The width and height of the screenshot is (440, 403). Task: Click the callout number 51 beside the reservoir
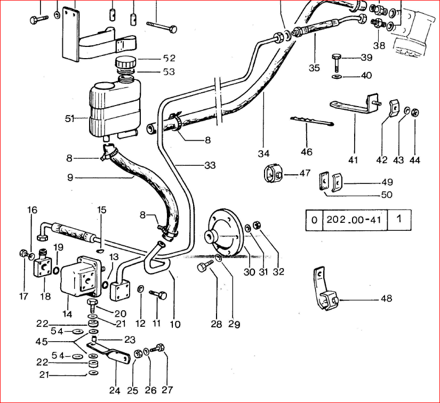tap(70, 119)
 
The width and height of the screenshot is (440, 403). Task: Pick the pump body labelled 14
tap(81, 277)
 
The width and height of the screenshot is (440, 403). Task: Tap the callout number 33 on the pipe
tap(210, 165)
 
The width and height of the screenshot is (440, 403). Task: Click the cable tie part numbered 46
tap(312, 122)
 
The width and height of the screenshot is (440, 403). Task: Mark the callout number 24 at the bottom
tap(115, 391)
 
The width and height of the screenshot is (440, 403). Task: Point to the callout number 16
tap(32, 210)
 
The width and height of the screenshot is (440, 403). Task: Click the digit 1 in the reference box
tap(404, 220)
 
